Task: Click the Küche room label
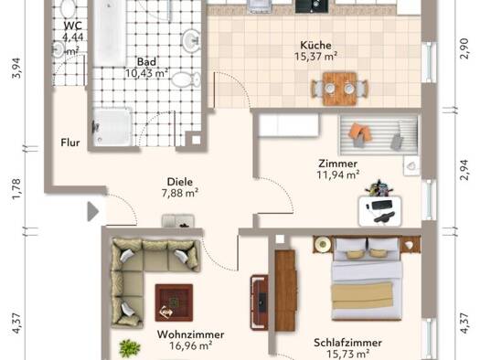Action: tap(315, 46)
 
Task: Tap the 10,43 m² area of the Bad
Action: tap(146, 73)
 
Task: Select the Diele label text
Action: tap(180, 182)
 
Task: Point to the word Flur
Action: tap(70, 143)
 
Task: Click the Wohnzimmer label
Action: tap(190, 334)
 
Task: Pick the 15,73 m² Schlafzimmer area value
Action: tap(347, 355)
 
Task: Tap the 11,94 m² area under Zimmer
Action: tap(338, 175)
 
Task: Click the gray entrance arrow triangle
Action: tap(93, 211)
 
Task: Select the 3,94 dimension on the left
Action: tap(16, 68)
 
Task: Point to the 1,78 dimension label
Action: tap(16, 189)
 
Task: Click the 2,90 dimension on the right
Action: tap(464, 48)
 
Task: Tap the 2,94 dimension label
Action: tap(464, 170)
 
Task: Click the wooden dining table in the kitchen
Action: tap(339, 89)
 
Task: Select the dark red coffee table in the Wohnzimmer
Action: tap(174, 302)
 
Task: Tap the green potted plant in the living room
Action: tap(130, 348)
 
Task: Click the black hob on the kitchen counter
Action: tap(312, 6)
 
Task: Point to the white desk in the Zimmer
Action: tap(379, 211)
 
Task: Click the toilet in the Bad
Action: tap(186, 79)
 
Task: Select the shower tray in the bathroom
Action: tap(112, 127)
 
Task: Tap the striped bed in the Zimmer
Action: tap(379, 135)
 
